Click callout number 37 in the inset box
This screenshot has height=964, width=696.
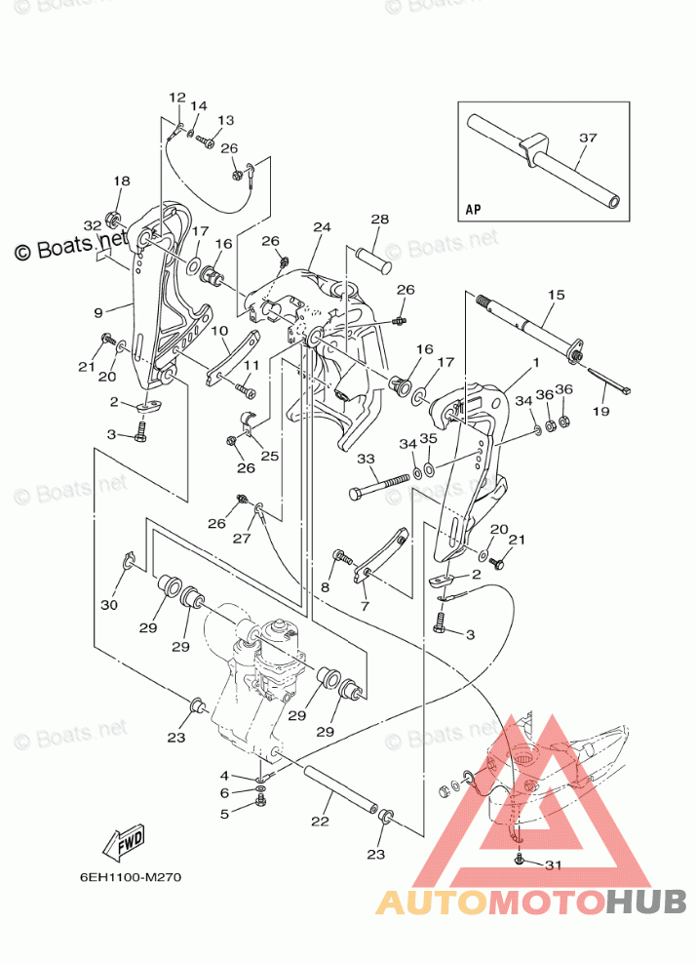point(587,138)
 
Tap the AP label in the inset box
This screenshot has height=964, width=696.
point(474,209)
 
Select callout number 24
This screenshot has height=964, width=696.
point(323,226)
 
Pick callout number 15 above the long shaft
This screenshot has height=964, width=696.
point(556,294)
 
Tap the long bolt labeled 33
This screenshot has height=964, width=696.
point(381,485)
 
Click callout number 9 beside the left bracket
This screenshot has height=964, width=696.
point(98,312)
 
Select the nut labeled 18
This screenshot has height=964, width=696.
point(113,215)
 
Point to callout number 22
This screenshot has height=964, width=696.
point(320,823)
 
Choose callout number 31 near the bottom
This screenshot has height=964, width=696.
point(554,864)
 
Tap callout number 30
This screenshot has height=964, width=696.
point(108,605)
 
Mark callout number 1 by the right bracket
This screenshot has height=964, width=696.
point(535,362)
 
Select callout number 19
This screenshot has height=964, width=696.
point(600,412)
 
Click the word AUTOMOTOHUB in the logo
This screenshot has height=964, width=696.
point(531,903)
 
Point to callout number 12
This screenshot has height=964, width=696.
point(176,97)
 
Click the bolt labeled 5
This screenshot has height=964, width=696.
point(260,800)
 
